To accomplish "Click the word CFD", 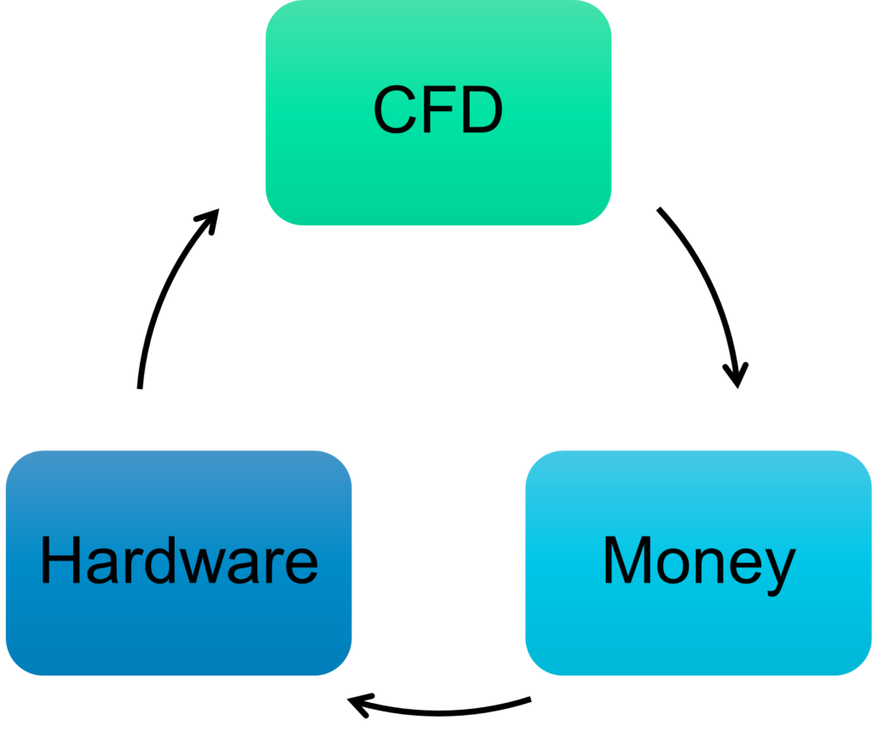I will tap(438, 111).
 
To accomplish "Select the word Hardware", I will tap(179, 561).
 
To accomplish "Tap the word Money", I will tap(698, 561).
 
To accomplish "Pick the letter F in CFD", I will tap(440, 111).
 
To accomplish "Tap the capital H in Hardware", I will tap(59, 561).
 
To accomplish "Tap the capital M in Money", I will tap(627, 561).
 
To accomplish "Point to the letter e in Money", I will tap(747, 566).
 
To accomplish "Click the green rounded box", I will tap(438, 188).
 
